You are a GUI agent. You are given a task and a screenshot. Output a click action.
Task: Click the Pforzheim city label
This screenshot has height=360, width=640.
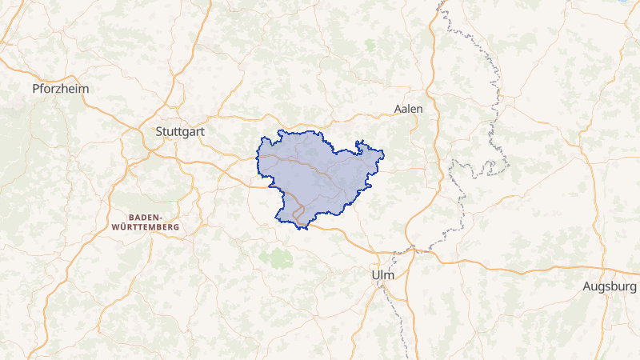tap(60, 88)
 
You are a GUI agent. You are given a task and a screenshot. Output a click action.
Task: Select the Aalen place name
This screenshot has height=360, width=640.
tap(409, 108)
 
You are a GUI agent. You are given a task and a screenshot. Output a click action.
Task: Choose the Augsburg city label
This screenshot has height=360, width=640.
tap(610, 286)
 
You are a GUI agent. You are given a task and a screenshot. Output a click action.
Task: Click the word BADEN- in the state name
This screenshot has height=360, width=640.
tap(145, 217)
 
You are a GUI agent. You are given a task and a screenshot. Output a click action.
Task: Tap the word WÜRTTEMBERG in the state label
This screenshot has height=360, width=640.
tap(145, 227)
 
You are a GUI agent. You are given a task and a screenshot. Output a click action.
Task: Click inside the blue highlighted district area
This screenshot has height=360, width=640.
tap(320, 172)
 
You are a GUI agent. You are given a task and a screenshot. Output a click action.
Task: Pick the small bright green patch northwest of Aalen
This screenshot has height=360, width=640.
tap(370, 45)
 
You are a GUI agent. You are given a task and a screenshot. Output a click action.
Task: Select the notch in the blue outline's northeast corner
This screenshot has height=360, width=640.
tap(362, 145)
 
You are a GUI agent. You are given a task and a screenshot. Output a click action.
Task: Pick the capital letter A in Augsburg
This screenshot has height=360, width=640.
tap(587, 286)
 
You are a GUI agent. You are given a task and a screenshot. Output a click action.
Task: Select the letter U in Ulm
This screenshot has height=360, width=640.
tap(375, 275)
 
